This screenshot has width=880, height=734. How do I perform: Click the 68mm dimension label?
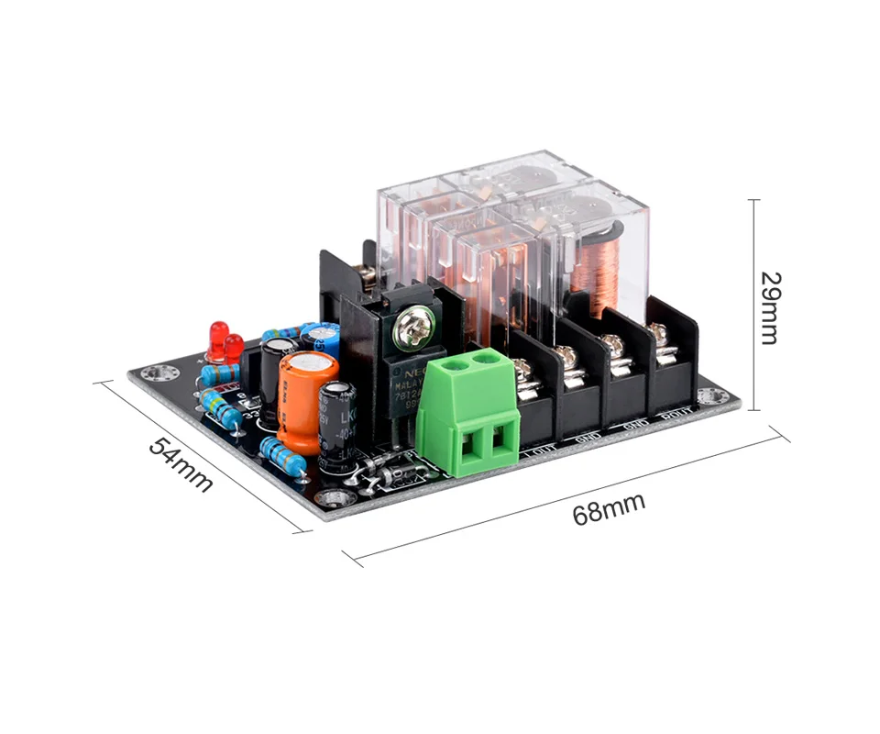[x=609, y=507]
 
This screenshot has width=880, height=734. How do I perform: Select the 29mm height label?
[x=769, y=306]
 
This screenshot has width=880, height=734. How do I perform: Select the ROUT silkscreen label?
[x=676, y=416]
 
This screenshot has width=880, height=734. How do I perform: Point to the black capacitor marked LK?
[x=335, y=417]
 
